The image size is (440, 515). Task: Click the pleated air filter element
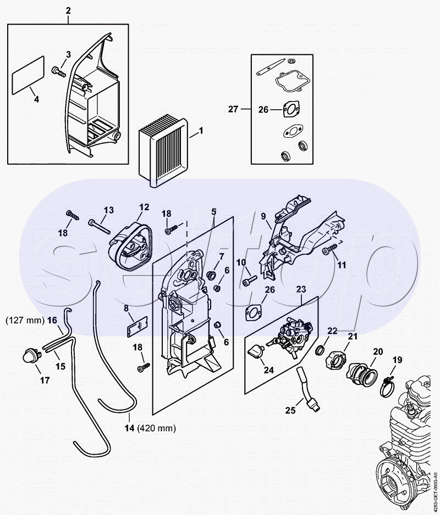click(x=163, y=150)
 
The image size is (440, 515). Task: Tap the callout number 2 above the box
click(x=68, y=10)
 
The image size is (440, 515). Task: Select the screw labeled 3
click(x=59, y=71)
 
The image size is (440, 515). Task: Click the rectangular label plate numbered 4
click(x=28, y=75)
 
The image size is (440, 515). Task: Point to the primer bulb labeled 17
click(x=31, y=357)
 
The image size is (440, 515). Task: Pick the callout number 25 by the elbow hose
click(x=290, y=410)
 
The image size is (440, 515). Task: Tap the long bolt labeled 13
click(x=99, y=226)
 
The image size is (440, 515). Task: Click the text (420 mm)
click(x=156, y=428)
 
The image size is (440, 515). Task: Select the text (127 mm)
click(x=25, y=320)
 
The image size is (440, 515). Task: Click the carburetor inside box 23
click(x=292, y=335)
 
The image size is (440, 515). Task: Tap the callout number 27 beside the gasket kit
click(x=233, y=109)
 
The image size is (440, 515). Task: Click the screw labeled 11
click(x=330, y=249)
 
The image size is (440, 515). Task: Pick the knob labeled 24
click(x=256, y=351)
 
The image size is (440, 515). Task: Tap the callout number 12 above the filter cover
click(x=144, y=207)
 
